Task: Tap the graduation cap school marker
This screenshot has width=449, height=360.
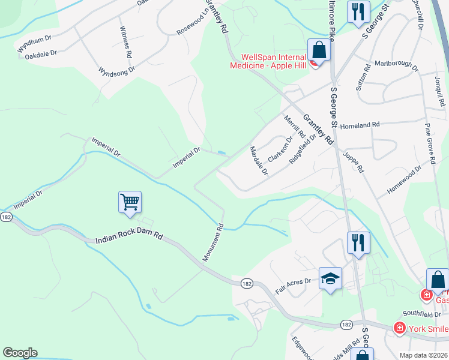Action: pos(330,278)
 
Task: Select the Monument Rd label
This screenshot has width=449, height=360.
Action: pos(213,242)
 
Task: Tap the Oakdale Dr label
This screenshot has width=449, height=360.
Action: pos(41,53)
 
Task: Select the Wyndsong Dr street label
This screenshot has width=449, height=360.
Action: pos(117,69)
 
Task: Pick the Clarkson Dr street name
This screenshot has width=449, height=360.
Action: pos(280,149)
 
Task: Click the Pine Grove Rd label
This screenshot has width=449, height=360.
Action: pos(429,144)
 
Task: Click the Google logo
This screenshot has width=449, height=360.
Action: pos(20,353)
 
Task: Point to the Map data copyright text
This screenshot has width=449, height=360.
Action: pos(423,355)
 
